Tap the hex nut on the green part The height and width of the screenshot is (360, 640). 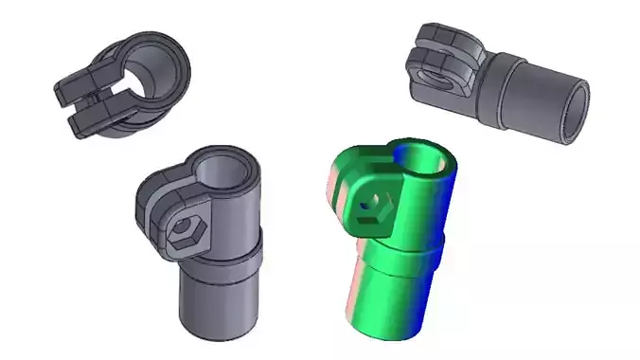tap(378, 205)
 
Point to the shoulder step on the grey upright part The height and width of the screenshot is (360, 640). tap(223, 254)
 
